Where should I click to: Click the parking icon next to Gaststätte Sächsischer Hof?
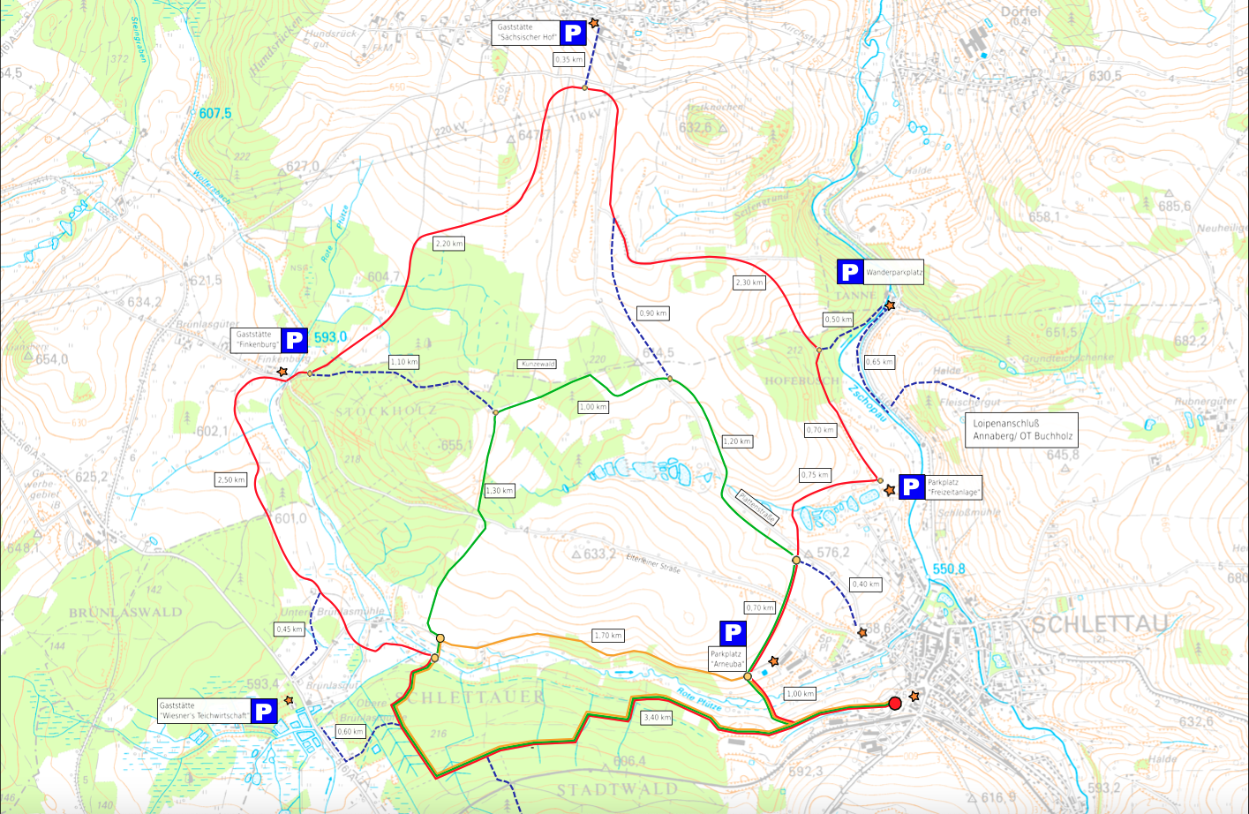tap(573, 34)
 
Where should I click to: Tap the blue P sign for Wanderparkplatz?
tap(849, 272)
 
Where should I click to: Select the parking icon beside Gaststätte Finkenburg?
tap(294, 340)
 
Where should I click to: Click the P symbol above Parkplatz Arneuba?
tap(733, 633)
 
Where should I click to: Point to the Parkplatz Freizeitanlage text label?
tap(952, 487)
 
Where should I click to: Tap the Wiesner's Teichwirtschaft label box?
tap(203, 711)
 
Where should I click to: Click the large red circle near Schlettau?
tap(894, 703)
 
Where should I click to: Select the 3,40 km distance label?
tap(658, 717)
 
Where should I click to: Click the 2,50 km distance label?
tap(230, 479)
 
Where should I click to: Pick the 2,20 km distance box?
tap(448, 244)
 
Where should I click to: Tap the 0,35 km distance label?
tap(568, 59)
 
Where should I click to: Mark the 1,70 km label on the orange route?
tap(608, 635)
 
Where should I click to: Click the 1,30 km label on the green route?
tap(500, 491)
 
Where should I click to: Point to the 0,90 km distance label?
tap(652, 313)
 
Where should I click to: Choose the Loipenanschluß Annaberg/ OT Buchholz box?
tap(1020, 430)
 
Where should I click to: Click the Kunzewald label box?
tap(538, 364)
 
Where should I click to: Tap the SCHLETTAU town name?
tap(1099, 624)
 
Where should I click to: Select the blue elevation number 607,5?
tap(214, 113)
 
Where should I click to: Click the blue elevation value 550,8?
tap(949, 569)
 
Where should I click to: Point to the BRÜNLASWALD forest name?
tap(126, 612)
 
